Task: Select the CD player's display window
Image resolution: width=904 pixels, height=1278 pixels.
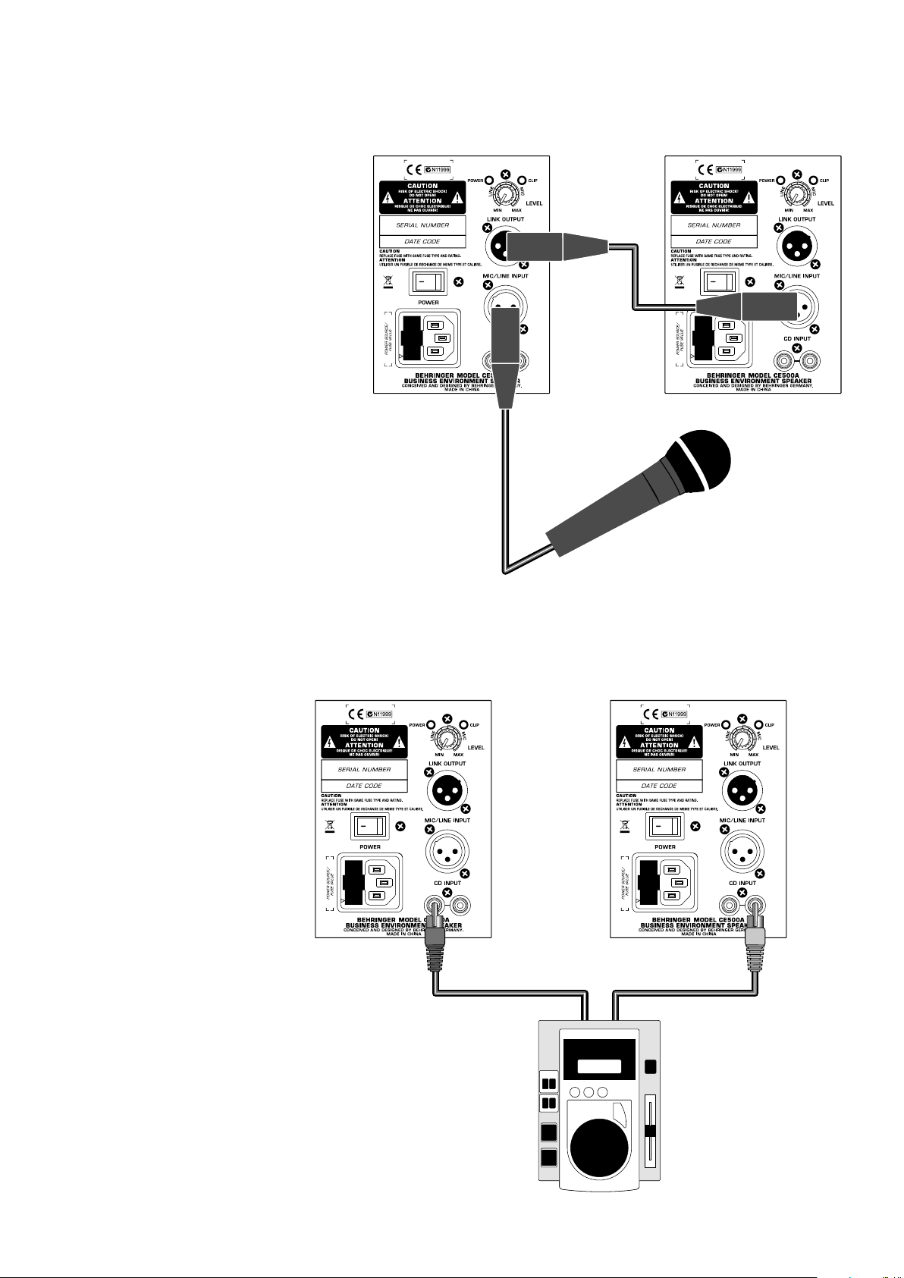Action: pyautogui.click(x=599, y=1066)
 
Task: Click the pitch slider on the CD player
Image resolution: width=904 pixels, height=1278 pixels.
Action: pyautogui.click(x=649, y=1131)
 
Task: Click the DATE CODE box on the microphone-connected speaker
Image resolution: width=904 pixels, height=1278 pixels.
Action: pyautogui.click(x=422, y=241)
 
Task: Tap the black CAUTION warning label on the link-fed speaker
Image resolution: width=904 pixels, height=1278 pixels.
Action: pyautogui.click(x=714, y=197)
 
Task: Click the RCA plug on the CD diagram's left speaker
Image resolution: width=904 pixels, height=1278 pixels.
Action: pyautogui.click(x=435, y=939)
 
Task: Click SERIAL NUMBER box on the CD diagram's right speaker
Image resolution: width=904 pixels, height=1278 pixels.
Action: pyautogui.click(x=659, y=769)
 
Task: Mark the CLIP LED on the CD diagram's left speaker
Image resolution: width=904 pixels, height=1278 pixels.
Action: pyautogui.click(x=464, y=725)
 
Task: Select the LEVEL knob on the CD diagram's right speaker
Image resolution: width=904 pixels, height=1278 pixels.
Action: pyautogui.click(x=742, y=738)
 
